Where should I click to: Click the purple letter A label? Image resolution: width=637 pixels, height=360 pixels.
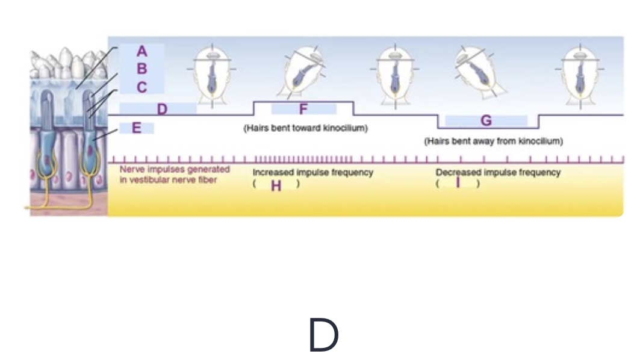pos(141,51)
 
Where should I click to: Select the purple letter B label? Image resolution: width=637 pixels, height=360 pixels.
pos(141,69)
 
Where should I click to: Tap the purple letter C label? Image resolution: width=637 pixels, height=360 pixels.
pos(141,87)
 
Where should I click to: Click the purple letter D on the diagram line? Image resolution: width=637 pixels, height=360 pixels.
pos(161,110)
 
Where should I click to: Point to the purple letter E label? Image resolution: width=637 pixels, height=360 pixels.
pos(137,128)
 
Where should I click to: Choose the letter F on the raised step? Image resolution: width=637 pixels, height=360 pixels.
pos(303,110)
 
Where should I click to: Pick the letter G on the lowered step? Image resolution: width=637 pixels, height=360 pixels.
pos(486,120)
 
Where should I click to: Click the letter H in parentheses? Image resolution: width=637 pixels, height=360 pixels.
pos(276,185)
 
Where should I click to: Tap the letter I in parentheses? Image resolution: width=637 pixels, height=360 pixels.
pos(458,183)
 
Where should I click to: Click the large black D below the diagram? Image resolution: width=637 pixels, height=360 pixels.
pos(323,336)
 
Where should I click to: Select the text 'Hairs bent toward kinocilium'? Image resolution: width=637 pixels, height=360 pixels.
pos(305,129)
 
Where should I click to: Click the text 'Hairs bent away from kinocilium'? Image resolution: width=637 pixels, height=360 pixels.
pos(493,141)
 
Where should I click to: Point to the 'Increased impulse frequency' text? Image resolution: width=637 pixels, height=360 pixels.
pos(312,173)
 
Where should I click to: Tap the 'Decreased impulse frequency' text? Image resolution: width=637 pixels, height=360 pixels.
pos(498,173)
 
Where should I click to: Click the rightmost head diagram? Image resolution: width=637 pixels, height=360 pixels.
pos(580,75)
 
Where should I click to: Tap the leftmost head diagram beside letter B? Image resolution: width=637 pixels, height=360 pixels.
pos(212,75)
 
